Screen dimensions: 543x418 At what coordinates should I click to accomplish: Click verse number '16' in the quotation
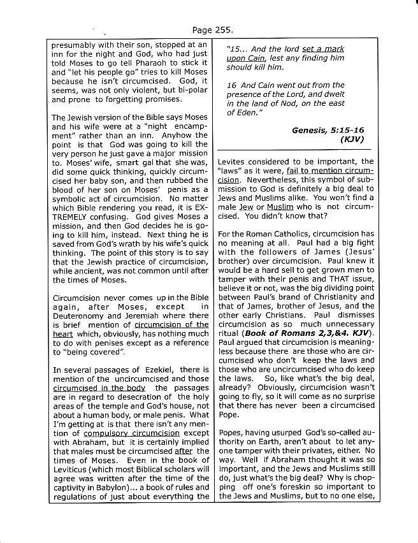click(x=233, y=85)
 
